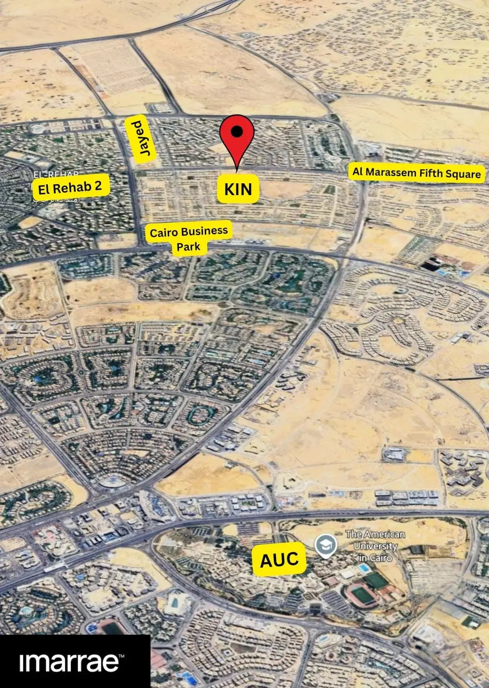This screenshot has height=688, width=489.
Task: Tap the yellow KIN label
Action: [x=238, y=188]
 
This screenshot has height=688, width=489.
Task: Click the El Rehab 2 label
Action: [x=70, y=187]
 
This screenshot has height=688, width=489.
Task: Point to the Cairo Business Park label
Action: [x=188, y=238]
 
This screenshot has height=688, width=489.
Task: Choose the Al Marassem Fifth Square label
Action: [x=416, y=173]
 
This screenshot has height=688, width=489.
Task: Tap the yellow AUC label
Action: [x=279, y=559]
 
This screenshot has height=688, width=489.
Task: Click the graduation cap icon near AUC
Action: [x=327, y=544]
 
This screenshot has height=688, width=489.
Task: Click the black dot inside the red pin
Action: [x=236, y=131]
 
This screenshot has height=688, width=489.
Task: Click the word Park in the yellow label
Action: [x=188, y=247]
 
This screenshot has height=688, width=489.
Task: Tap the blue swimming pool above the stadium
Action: [x=364, y=568]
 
